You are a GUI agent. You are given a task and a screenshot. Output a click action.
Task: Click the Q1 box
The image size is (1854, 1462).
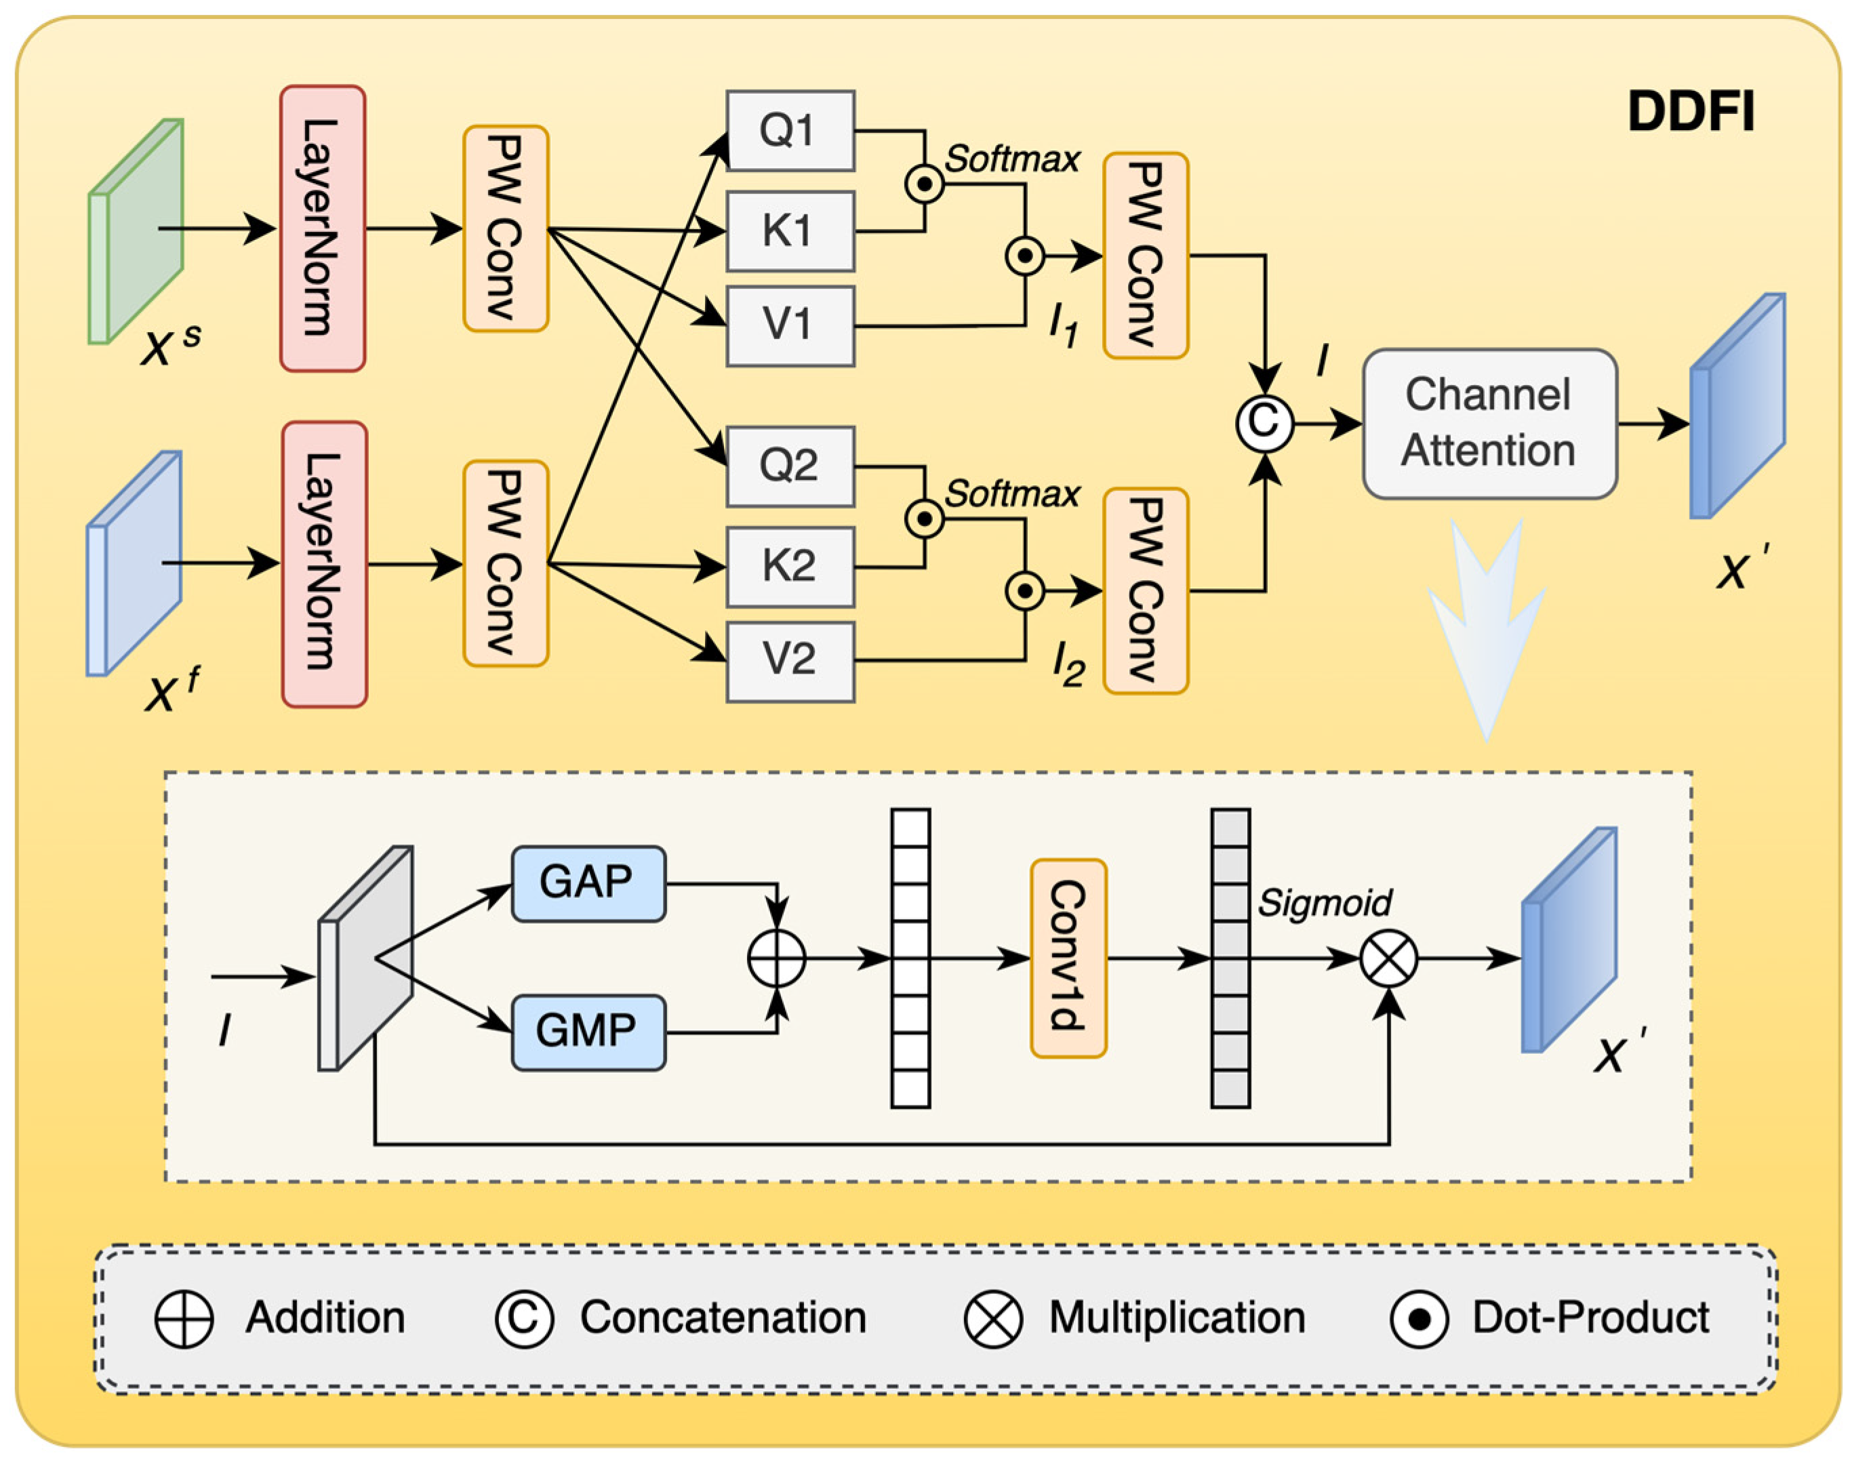click(x=790, y=131)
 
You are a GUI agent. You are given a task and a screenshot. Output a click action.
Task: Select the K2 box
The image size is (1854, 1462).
click(x=790, y=567)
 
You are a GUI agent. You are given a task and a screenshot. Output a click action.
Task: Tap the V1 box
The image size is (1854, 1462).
click(x=790, y=326)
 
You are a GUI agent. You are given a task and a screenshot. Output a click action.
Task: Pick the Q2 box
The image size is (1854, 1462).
click(x=790, y=466)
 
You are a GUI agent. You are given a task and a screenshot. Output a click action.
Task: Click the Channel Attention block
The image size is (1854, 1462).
click(x=1489, y=424)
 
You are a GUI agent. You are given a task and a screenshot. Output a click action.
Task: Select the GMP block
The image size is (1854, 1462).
click(x=588, y=1032)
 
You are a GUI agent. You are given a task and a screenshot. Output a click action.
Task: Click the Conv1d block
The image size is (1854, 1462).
click(x=1068, y=958)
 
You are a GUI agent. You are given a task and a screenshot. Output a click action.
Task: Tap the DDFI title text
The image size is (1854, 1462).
click(x=1691, y=112)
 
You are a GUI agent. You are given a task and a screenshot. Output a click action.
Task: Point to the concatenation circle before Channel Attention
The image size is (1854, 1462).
click(x=1264, y=423)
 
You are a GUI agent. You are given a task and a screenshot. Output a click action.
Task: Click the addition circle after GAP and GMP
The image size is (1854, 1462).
click(x=776, y=958)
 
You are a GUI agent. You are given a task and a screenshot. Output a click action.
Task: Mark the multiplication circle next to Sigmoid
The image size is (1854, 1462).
click(x=1388, y=958)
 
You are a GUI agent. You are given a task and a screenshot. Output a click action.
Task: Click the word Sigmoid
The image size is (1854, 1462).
click(x=1324, y=903)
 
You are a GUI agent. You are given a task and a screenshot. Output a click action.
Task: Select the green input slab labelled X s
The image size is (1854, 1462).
click(x=136, y=231)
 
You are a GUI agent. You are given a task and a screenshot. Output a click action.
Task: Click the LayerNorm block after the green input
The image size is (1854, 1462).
click(x=323, y=228)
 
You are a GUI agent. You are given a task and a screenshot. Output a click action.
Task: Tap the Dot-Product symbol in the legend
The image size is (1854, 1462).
click(x=1419, y=1319)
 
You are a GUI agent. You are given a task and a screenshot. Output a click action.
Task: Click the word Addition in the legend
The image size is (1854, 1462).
click(x=325, y=1318)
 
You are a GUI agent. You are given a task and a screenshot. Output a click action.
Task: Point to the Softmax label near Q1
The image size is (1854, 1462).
click(x=1012, y=159)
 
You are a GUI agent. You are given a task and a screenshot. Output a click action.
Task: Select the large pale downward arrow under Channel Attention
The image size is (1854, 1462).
click(x=1488, y=629)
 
